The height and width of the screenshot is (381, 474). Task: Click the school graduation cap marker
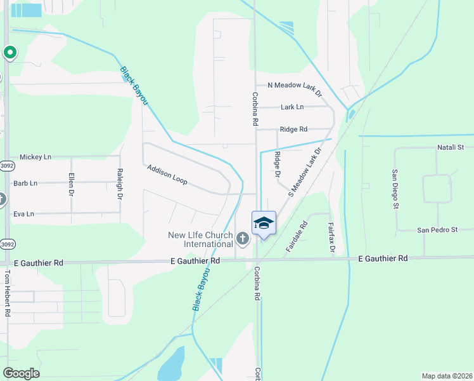264,223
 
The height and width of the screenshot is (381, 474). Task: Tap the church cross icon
241,239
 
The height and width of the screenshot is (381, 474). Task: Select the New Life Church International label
200,239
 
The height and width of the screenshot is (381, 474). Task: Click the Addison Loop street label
167,175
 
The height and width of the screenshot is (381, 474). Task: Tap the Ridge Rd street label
293,129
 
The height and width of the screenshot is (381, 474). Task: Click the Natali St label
451,147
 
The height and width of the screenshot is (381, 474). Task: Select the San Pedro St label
437,229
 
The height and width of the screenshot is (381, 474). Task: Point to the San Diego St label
394,189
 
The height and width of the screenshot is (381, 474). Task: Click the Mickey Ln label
35,156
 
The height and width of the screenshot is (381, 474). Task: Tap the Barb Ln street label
25,183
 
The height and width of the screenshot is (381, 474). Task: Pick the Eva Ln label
23,214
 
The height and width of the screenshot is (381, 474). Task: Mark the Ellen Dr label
72,185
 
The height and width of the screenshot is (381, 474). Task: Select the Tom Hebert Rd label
8,293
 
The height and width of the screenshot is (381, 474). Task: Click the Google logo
21,373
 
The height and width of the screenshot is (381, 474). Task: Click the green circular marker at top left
10,53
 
